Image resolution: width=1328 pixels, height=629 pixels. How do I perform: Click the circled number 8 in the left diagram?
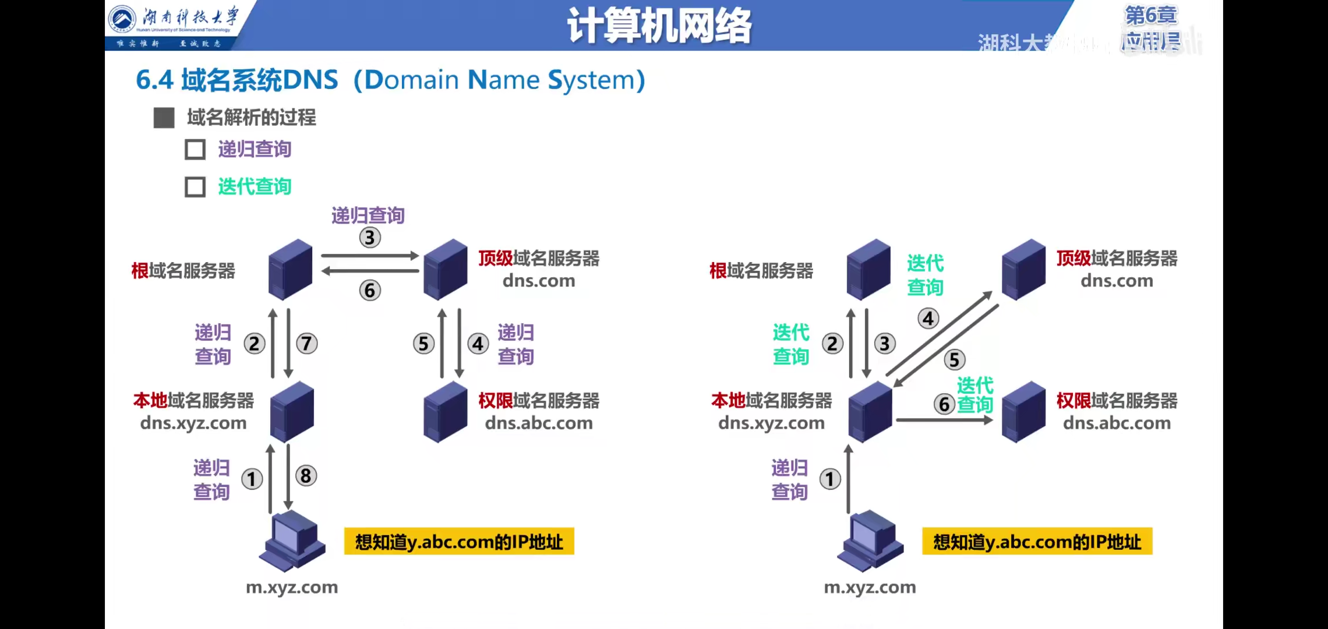point(306,476)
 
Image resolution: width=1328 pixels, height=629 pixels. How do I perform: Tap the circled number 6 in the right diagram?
point(944,404)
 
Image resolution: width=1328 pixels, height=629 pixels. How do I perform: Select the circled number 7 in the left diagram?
point(307,344)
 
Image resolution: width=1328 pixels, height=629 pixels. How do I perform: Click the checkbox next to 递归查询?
point(195,150)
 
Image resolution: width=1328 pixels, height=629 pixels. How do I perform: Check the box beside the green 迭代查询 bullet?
point(195,187)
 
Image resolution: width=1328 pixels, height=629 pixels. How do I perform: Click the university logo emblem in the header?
point(122,19)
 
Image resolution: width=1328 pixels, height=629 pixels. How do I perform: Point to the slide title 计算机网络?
point(659,26)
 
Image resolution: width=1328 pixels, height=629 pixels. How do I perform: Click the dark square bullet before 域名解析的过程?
point(164,118)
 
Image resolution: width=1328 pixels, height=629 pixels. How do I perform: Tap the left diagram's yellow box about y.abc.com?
point(459,542)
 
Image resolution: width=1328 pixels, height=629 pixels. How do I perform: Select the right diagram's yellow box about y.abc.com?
point(1037,542)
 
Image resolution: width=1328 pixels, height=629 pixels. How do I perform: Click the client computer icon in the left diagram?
point(292,540)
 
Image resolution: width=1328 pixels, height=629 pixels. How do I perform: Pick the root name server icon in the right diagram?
point(868,269)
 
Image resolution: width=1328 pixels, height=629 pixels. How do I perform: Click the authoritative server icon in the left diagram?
point(446,412)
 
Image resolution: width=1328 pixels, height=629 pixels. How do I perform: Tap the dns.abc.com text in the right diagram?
point(1117,423)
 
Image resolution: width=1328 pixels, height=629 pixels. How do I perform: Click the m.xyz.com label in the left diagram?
point(292,587)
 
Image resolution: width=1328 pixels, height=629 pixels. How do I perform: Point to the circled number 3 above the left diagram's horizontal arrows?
point(370,238)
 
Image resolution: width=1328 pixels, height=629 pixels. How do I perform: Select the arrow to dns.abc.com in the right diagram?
point(944,420)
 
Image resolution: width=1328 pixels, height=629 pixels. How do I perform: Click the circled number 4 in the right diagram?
point(928,319)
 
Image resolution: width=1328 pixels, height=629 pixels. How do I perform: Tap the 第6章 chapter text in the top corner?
point(1151,16)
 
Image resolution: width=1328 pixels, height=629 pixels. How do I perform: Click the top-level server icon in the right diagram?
point(1023,269)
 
